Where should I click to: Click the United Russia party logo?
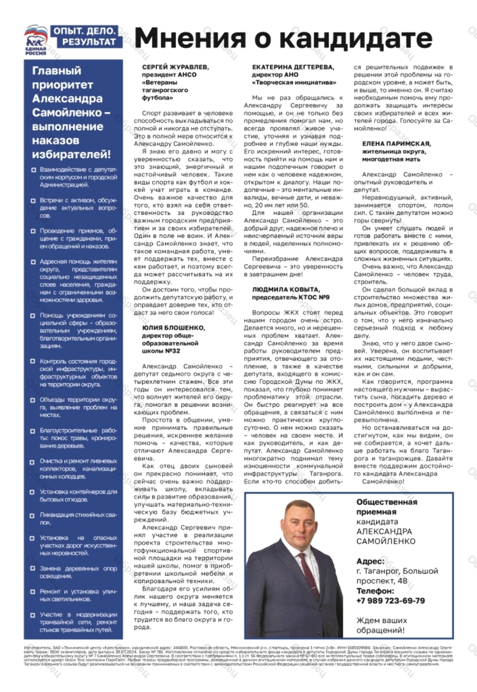pyautogui.click(x=35, y=40)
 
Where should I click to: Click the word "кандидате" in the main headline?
pyautogui.click(x=356, y=38)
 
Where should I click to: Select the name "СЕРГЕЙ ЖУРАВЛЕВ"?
pyautogui.click(x=175, y=67)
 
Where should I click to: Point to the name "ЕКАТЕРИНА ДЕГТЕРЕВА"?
pyautogui.click(x=293, y=67)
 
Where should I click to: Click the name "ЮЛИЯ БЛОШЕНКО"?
pyautogui.click(x=173, y=328)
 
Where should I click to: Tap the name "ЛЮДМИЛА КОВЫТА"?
pyautogui.click(x=286, y=289)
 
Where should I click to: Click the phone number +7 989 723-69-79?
pyautogui.click(x=390, y=601)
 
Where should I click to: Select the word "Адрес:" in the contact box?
pyautogui.click(x=370, y=561)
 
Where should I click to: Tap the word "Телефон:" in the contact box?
pyautogui.click(x=375, y=591)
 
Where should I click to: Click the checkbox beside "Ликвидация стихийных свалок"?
pyautogui.click(x=33, y=516)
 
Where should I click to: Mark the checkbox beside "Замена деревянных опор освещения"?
pyautogui.click(x=33, y=569)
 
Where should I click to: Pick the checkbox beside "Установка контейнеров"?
pyautogui.click(x=33, y=492)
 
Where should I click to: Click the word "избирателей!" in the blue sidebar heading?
pyautogui.click(x=71, y=154)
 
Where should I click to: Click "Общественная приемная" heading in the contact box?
pyautogui.click(x=386, y=507)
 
